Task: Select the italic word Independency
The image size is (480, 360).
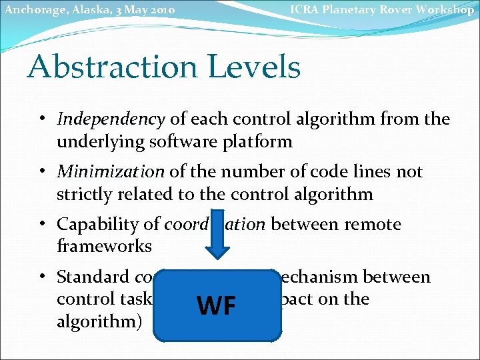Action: tap(111, 120)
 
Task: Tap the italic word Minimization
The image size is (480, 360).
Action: tap(111, 172)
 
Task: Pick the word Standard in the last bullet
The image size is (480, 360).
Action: tap(93, 277)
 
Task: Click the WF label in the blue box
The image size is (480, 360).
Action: tap(217, 306)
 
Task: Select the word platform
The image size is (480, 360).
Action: tap(259, 141)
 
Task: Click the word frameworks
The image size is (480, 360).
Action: tap(104, 246)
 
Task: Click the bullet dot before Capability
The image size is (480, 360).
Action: tap(41, 225)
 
